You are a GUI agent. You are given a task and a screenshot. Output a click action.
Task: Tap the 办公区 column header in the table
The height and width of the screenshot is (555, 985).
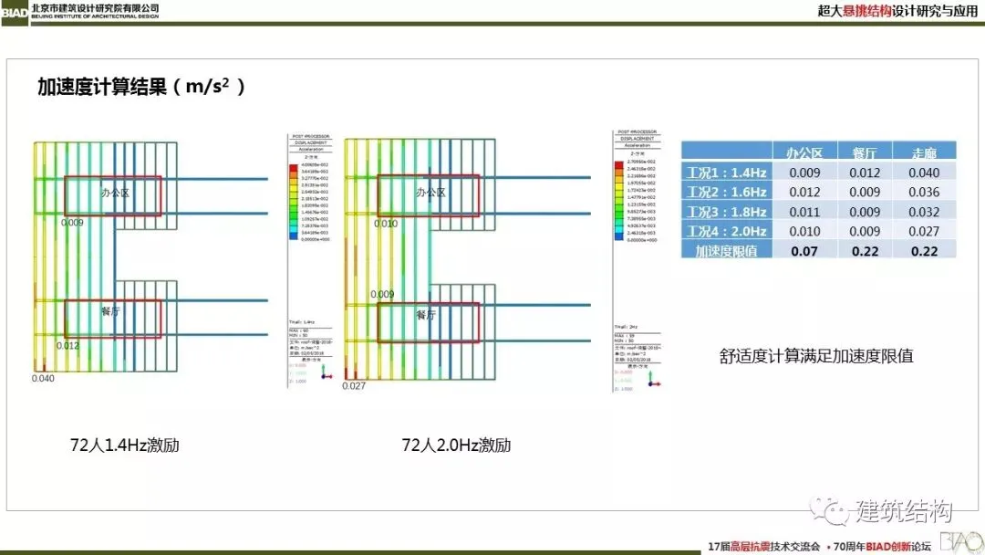[804, 152]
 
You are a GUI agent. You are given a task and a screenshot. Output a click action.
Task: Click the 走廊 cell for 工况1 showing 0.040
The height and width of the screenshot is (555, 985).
[924, 172]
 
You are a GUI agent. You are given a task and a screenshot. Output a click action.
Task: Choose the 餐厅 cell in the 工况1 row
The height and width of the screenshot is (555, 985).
[866, 172]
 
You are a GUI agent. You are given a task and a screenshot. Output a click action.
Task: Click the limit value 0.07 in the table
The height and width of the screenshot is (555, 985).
[804, 251]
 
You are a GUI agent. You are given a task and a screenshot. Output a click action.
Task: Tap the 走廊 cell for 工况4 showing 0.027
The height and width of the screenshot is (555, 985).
[924, 231]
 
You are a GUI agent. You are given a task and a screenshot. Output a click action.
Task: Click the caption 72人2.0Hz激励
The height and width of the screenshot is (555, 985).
[456, 445]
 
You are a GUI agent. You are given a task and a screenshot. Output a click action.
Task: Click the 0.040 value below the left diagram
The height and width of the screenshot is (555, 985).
[43, 378]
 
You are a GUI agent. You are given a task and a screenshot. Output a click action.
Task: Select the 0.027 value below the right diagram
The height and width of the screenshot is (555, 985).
[354, 386]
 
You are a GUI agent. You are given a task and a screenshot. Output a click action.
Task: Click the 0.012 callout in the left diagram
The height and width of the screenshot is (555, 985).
[68, 346]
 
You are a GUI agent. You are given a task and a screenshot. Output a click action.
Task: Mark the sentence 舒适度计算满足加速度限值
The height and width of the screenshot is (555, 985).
[816, 356]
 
